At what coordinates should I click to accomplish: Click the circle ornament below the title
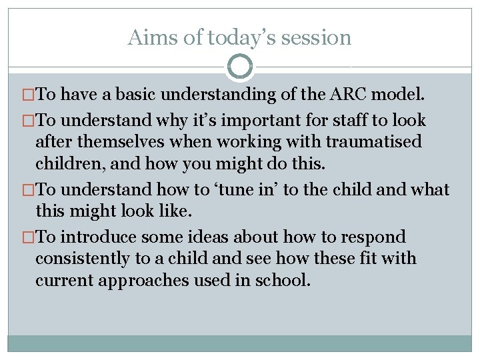[x=240, y=67]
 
